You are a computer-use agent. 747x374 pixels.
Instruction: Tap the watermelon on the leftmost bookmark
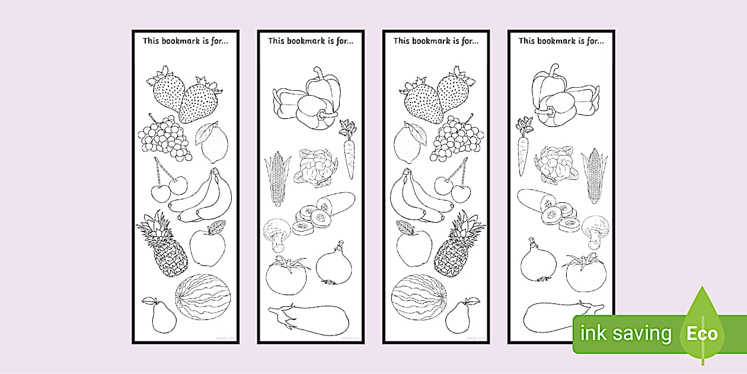pyautogui.click(x=203, y=296)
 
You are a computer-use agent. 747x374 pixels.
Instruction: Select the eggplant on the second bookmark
pyautogui.click(x=309, y=317)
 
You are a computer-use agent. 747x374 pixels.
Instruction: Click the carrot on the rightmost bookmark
pyautogui.click(x=522, y=148)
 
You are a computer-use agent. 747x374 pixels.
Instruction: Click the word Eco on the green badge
pyautogui.click(x=702, y=334)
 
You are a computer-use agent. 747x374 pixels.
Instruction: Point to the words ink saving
pyautogui.click(x=626, y=334)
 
